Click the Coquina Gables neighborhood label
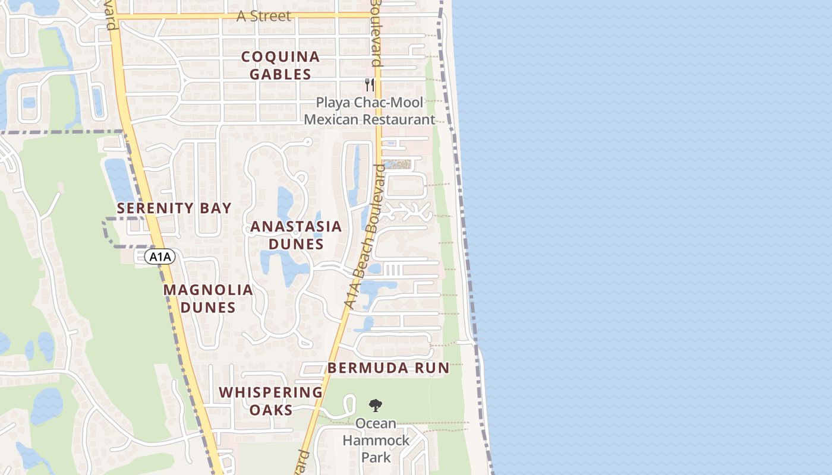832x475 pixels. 281,65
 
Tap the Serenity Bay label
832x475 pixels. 174,208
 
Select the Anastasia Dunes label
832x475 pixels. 296,235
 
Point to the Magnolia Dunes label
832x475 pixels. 208,299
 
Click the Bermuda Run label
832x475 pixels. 389,368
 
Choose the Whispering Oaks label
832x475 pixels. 270,401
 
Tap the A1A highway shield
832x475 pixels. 160,257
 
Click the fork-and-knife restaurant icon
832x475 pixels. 370,84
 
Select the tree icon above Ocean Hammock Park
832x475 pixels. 375,406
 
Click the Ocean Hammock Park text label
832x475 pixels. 376,440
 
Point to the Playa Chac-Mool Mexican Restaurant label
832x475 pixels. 370,111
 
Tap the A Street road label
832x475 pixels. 264,16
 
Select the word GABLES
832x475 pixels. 281,74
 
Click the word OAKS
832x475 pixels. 270,410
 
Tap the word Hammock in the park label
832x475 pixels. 376,441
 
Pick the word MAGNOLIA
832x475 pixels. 208,290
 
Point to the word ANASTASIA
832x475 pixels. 296,226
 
